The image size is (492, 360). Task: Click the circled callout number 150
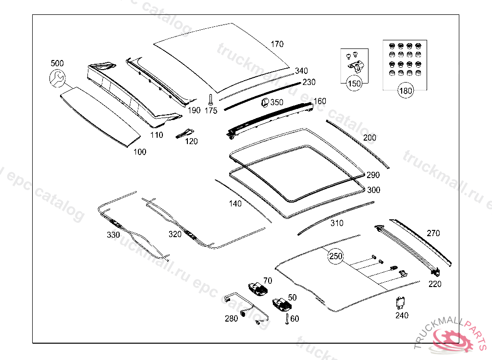[354, 84]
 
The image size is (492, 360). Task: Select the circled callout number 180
[406, 91]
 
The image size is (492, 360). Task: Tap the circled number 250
[336, 256]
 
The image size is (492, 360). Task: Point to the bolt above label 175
[211, 99]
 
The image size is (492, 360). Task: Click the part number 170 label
[277, 44]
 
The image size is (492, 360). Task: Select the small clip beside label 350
[264, 102]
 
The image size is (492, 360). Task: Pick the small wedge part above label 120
[185, 133]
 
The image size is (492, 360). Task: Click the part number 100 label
[140, 152]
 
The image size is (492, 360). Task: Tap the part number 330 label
[113, 235]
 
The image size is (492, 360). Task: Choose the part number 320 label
[175, 234]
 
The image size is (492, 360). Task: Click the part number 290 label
[373, 175]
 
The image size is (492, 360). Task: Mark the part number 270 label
[433, 233]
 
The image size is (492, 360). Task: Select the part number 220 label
[434, 284]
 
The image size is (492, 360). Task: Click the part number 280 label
[231, 318]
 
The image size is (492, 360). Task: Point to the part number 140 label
[235, 204]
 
